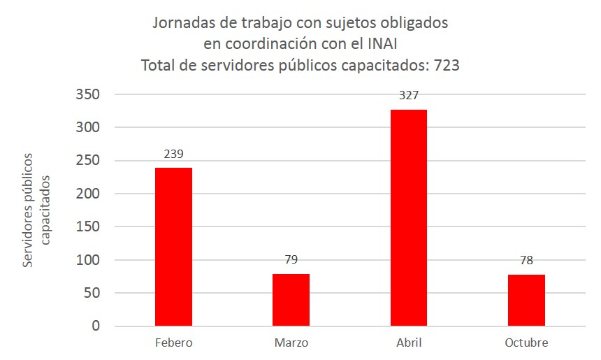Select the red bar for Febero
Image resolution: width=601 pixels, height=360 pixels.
tap(174, 247)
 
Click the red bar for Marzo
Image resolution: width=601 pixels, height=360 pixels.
tap(291, 300)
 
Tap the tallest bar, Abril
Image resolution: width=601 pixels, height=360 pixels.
tap(409, 218)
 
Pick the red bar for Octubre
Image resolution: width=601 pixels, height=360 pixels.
tap(526, 301)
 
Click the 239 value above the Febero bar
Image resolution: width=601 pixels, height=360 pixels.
tap(174, 154)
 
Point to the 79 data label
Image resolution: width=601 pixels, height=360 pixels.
tap(291, 260)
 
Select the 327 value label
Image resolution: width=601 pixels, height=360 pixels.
tap(409, 96)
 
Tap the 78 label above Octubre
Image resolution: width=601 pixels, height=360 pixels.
tap(526, 261)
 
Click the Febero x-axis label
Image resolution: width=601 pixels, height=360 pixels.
tap(174, 343)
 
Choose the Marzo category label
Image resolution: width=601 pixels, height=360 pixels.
tap(291, 343)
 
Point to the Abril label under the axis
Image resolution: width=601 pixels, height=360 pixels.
tap(409, 343)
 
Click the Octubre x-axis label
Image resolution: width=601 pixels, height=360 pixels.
tap(526, 343)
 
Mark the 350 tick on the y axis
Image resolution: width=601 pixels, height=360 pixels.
tap(88, 94)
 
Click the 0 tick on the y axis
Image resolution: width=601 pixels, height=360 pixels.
tap(96, 326)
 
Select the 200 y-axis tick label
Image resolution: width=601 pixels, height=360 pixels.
tap(88, 194)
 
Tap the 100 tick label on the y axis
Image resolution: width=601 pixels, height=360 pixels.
tap(88, 260)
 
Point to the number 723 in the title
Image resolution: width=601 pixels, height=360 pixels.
tap(447, 66)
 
